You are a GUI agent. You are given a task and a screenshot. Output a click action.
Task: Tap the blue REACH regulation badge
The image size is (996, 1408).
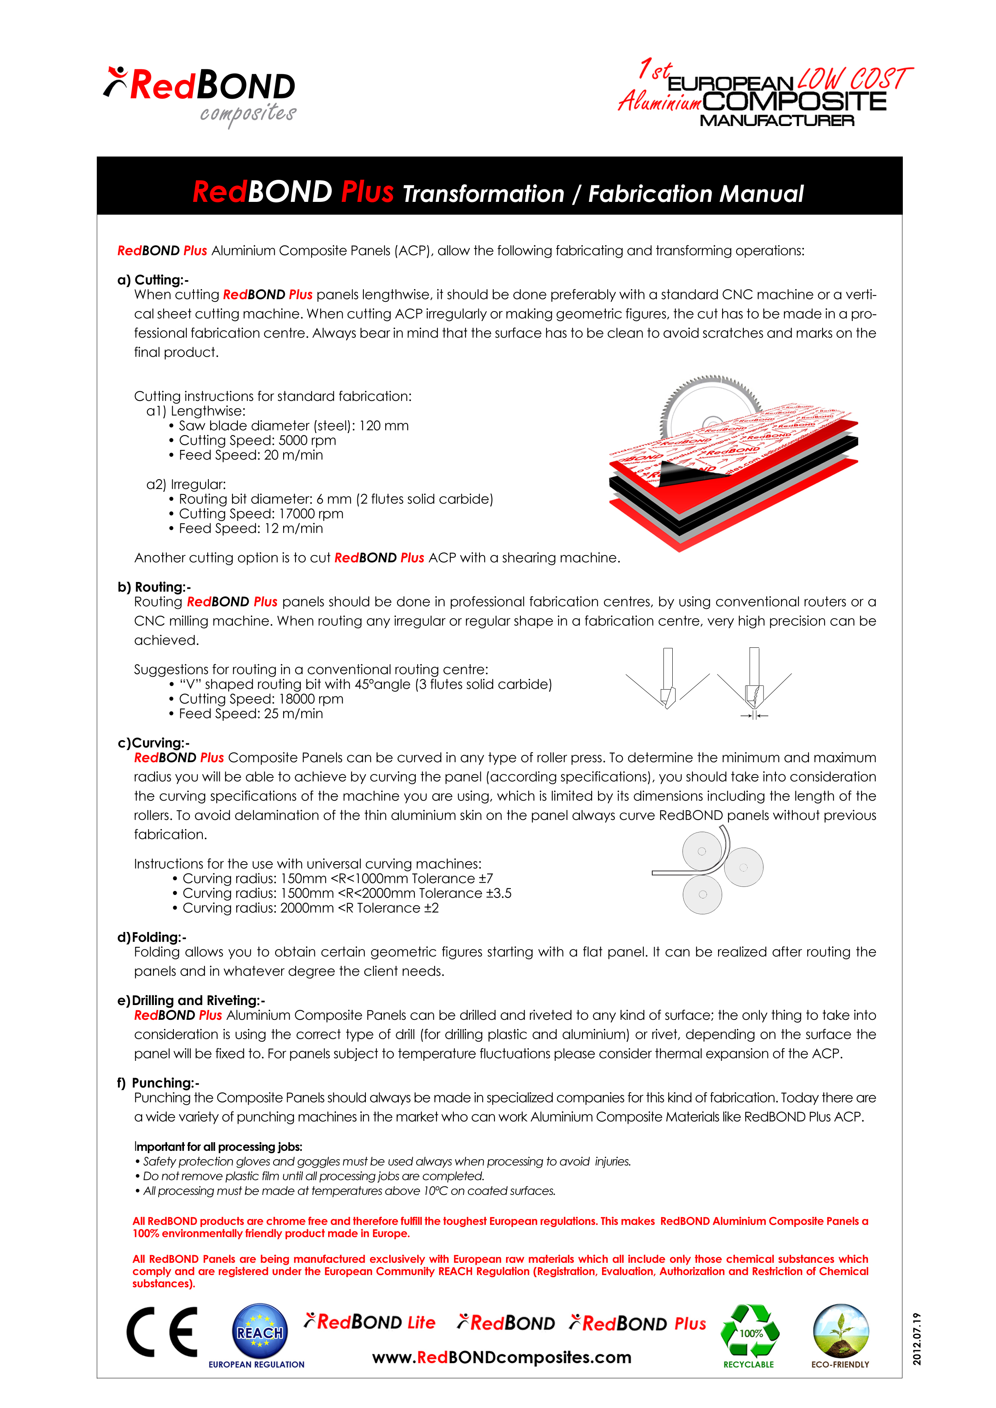[x=259, y=1331]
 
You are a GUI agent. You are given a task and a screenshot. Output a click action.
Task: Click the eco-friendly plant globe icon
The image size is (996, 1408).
[x=840, y=1330]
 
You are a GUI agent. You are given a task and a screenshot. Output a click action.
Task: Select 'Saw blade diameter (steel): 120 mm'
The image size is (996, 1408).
[x=293, y=425]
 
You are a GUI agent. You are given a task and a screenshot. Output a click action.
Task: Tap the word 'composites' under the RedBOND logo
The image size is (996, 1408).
[x=248, y=114]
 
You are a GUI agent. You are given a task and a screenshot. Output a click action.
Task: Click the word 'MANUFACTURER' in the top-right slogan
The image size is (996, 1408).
[x=777, y=121]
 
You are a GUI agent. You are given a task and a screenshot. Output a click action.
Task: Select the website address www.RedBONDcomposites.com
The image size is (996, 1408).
[x=501, y=1357]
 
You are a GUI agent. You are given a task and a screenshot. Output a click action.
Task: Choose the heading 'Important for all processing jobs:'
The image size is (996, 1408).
[x=218, y=1146]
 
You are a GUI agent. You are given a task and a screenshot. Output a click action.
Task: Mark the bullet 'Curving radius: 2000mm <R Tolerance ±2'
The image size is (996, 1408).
[x=310, y=908]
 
